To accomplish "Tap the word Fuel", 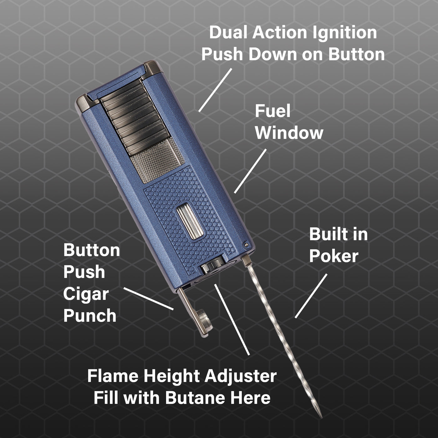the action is pos(272,111).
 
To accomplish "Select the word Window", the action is pos(289,133).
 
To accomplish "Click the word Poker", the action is pos(334,256).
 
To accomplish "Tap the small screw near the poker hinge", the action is pos(245,245).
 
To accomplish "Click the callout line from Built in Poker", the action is pos(311,296).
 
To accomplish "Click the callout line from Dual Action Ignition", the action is pos(215,90).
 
